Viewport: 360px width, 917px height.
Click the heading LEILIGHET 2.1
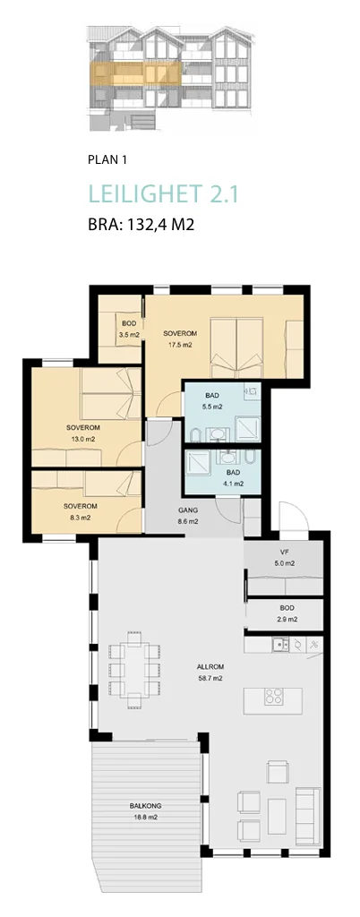pyautogui.click(x=164, y=194)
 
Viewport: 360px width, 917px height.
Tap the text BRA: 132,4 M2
pyautogui.click(x=141, y=225)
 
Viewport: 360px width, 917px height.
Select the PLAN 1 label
pyautogui.click(x=107, y=159)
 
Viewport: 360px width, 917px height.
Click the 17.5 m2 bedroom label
pyautogui.click(x=180, y=339)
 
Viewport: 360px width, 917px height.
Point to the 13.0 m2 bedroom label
pyautogui.click(x=83, y=433)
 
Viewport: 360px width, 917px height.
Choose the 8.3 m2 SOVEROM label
pyautogui.click(x=81, y=511)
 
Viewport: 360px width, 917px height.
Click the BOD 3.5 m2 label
pyautogui.click(x=129, y=330)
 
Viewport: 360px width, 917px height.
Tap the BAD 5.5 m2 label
pyautogui.click(x=214, y=400)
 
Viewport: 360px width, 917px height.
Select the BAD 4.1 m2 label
pyautogui.click(x=233, y=478)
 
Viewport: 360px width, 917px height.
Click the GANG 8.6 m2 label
pyautogui.click(x=188, y=515)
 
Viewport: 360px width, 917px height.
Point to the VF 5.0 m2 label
pyautogui.click(x=285, y=559)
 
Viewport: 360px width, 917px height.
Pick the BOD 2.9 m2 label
pyautogui.click(x=287, y=613)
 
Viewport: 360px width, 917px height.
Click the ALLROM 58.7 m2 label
pyautogui.click(x=210, y=673)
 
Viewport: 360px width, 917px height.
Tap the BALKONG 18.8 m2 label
pyautogui.click(x=144, y=811)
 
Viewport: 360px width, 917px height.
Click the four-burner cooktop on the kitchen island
pyautogui.click(x=273, y=697)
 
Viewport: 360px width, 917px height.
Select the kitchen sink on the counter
pyautogui.click(x=282, y=645)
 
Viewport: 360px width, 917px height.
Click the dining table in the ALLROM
pyautogui.click(x=134, y=669)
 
